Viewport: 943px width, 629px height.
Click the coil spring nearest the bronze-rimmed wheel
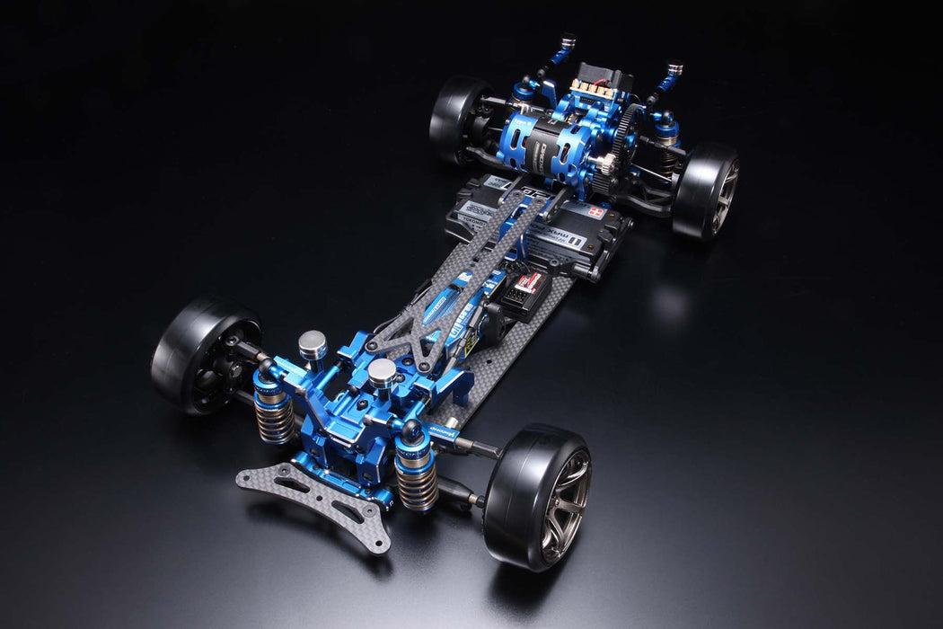pyautogui.click(x=416, y=482)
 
